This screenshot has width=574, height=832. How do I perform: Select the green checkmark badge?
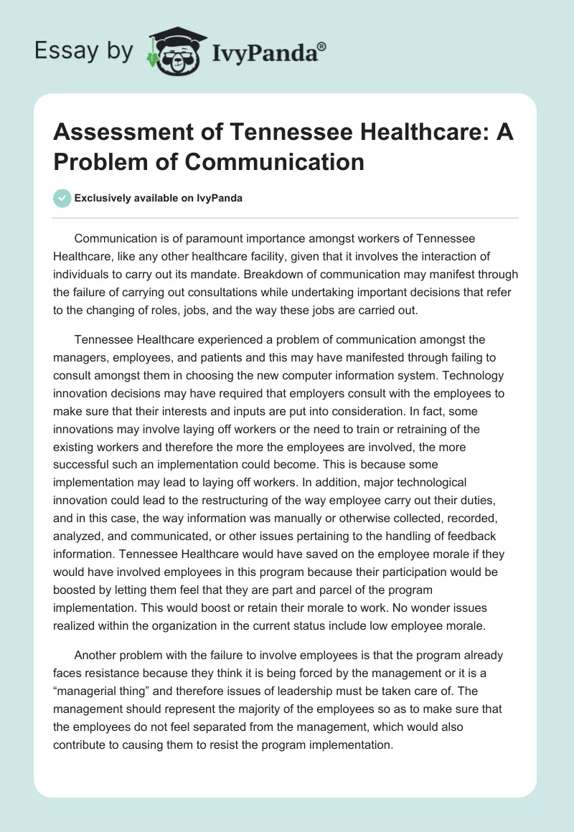click(62, 198)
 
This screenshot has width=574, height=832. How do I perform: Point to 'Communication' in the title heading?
click(275, 161)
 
